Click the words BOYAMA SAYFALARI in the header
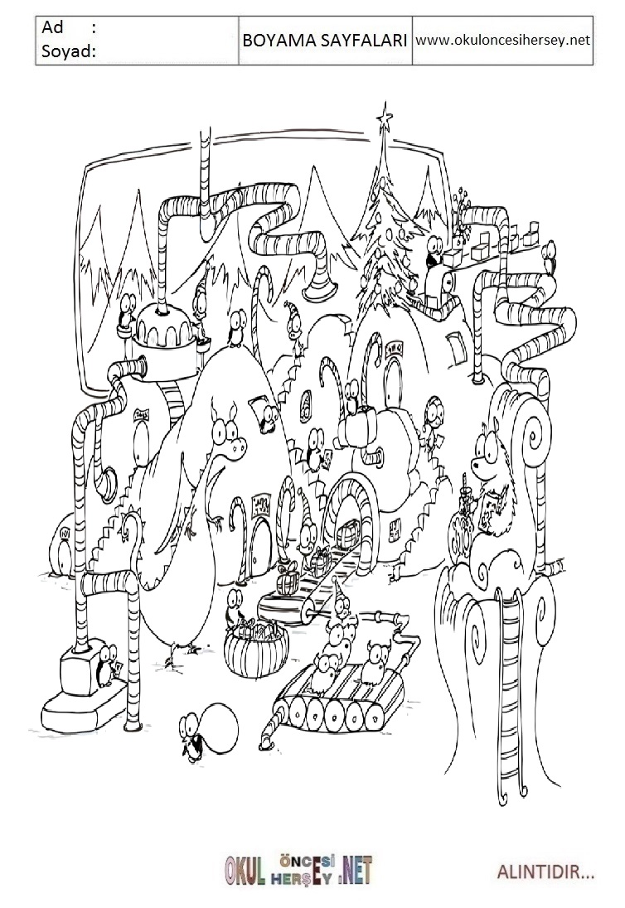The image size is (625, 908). coord(324,40)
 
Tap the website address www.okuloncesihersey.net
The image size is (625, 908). coord(502,39)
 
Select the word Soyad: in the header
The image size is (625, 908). coord(67,52)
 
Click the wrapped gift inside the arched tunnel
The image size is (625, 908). coord(347,530)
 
